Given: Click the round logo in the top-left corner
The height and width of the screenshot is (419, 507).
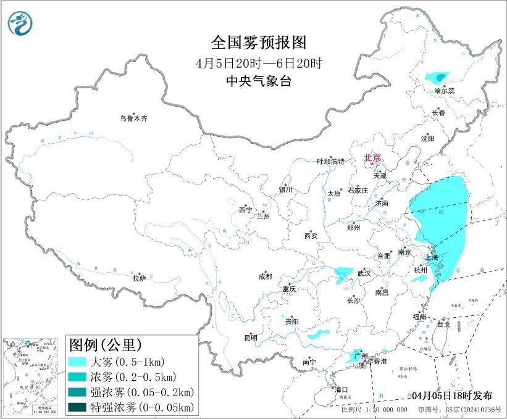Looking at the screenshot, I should (x=20, y=23).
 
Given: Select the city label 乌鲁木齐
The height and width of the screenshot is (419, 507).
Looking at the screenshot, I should (x=133, y=118).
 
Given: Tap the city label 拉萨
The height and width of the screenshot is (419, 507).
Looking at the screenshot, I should (x=139, y=278).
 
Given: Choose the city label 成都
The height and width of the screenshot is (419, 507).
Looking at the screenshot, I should (x=266, y=277).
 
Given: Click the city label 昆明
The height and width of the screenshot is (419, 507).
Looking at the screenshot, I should (x=250, y=338).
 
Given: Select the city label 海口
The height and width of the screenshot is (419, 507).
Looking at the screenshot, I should (x=341, y=389).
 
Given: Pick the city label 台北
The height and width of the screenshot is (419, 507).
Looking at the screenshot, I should (x=443, y=323).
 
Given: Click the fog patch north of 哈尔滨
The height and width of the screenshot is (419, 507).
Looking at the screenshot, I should (x=437, y=78).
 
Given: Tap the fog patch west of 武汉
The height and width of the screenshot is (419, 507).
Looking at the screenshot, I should (x=341, y=272).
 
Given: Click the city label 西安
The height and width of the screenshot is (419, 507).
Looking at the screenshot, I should (x=310, y=236).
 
